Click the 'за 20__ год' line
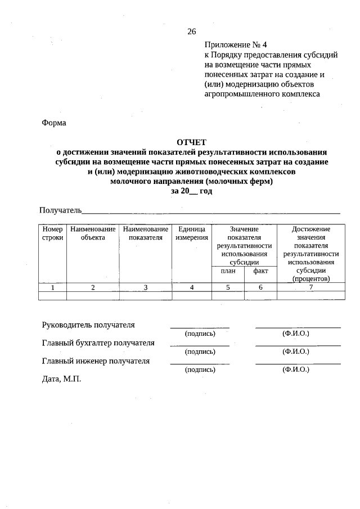[191, 191]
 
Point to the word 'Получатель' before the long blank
[61, 210]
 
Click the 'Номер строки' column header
[52, 233]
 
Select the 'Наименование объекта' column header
[93, 233]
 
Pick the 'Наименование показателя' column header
[146, 233]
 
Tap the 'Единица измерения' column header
[192, 233]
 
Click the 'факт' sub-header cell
[260, 271]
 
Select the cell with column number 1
[52, 287]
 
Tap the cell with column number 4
[192, 287]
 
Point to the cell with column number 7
[311, 287]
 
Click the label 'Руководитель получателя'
[88, 325]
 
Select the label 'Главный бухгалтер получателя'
[98, 343]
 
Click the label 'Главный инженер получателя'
[96, 361]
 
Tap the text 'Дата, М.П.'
[62, 379]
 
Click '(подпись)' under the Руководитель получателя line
[200, 334]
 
